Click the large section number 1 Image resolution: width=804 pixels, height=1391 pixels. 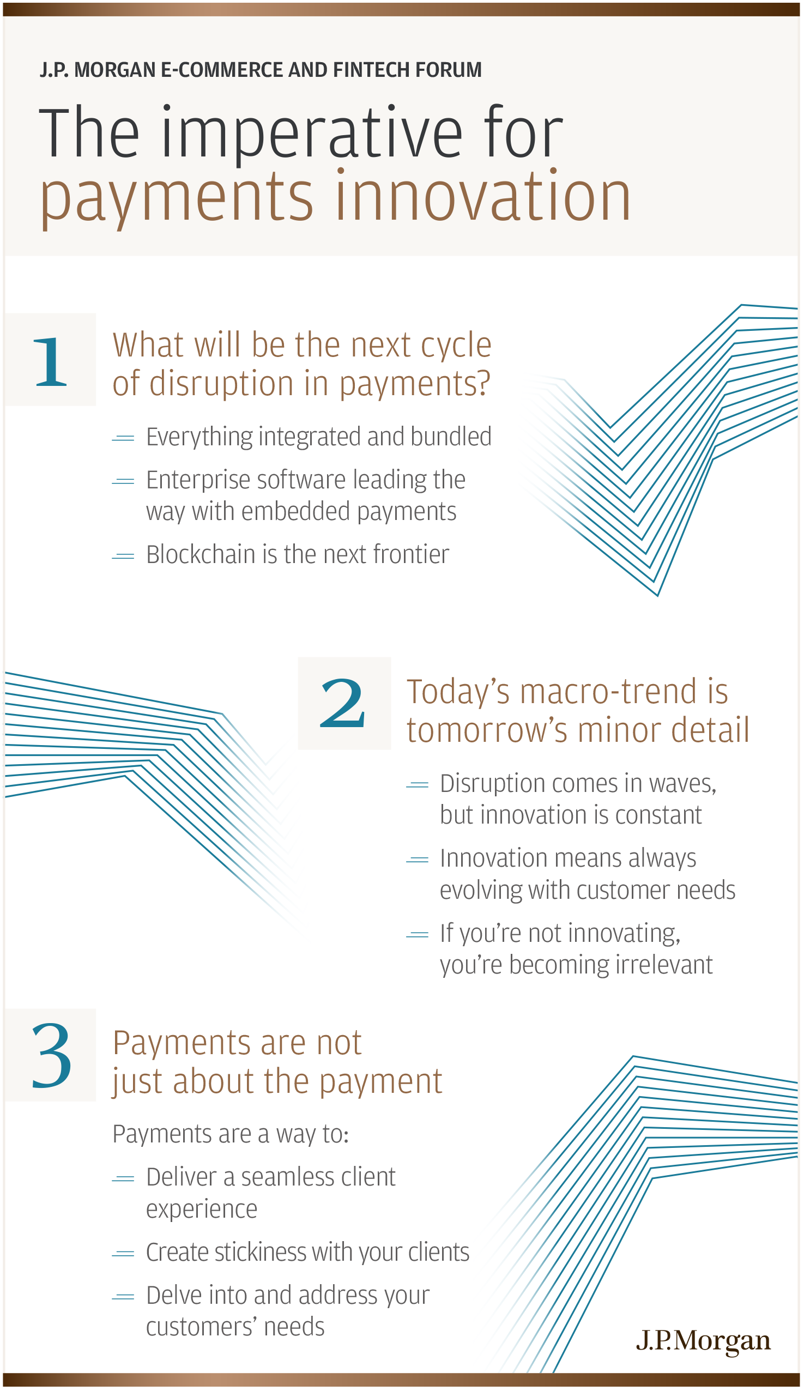click(x=50, y=361)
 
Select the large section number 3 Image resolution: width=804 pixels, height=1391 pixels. click(x=51, y=1056)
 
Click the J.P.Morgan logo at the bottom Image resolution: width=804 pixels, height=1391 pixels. click(x=703, y=1341)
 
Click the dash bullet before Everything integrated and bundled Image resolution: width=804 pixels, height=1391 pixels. click(x=123, y=438)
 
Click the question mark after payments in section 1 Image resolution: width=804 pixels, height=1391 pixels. click(x=483, y=384)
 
